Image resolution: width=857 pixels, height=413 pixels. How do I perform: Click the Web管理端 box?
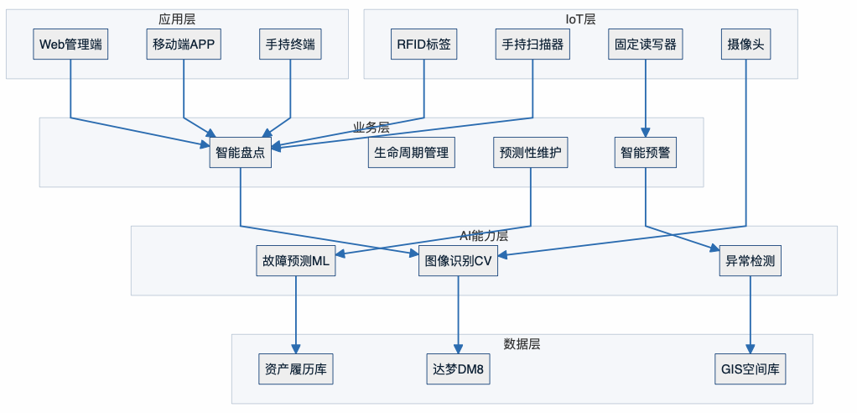point(70,44)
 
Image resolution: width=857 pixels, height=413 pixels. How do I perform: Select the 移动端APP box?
point(183,44)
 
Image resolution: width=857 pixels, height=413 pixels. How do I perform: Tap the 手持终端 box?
point(290,44)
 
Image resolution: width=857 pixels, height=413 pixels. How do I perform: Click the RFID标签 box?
point(424,44)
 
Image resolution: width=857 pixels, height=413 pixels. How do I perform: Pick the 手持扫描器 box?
point(533,44)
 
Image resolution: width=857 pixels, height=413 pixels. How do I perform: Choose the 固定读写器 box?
point(645,44)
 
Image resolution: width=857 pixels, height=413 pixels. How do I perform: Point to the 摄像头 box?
point(745,44)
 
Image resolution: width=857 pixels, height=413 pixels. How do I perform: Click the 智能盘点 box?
point(241,153)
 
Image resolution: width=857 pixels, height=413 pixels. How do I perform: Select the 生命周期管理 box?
point(412,153)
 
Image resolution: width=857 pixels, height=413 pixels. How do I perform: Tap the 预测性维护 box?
point(532,153)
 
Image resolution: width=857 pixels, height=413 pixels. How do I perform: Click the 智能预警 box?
point(645,153)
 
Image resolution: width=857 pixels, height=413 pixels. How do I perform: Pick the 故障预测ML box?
point(295,261)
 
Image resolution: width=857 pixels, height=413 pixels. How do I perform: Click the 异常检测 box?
point(750,261)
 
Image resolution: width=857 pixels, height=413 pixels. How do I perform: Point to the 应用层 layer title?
point(177,18)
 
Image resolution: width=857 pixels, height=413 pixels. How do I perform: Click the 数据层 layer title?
point(522,344)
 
